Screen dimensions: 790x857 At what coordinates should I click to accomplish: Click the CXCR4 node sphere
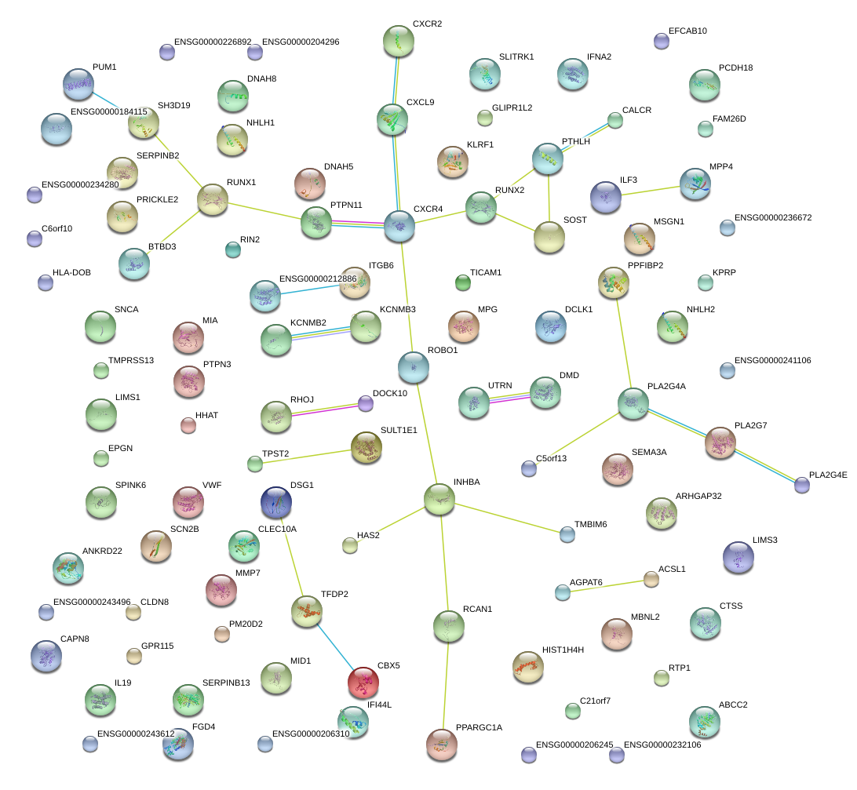(399, 225)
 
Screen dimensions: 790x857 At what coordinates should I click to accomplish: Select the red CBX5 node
(363, 681)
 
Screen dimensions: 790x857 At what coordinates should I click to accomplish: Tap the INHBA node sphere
(439, 499)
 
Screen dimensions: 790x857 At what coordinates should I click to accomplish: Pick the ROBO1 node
(414, 365)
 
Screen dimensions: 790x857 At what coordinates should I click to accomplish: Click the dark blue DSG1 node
(275, 502)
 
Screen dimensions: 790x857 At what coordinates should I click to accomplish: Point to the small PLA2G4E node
(801, 485)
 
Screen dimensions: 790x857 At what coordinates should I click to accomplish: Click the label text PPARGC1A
(479, 727)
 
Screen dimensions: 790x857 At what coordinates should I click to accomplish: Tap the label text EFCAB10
(687, 31)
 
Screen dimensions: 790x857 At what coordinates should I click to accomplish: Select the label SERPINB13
(226, 683)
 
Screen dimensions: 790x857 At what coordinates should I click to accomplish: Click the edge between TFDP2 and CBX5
(334, 646)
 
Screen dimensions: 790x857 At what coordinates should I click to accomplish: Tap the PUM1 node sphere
(78, 83)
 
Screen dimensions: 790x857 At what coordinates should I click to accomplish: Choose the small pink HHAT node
(188, 425)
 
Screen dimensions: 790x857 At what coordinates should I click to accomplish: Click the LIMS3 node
(738, 557)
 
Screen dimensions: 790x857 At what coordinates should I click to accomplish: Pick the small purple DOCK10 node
(365, 403)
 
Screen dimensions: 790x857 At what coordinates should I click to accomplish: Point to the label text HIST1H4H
(563, 650)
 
